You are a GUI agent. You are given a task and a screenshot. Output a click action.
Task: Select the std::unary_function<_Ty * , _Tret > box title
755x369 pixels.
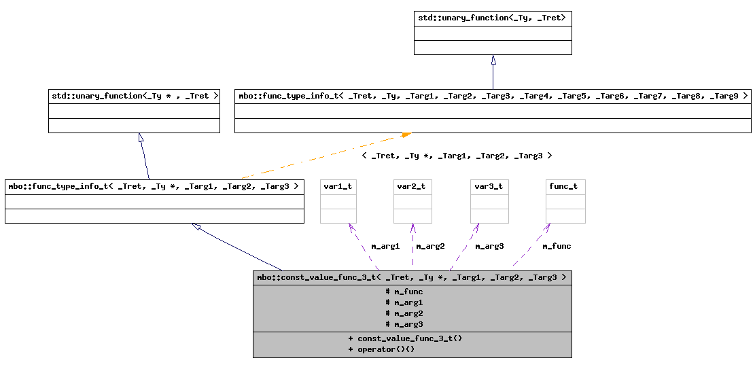(134, 96)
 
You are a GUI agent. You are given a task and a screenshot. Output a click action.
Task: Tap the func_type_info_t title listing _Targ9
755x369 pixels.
(493, 96)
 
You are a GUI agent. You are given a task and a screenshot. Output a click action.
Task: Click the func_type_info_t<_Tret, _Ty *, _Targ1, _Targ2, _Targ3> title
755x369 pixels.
(154, 186)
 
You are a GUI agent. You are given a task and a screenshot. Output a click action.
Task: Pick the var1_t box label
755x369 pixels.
(338, 186)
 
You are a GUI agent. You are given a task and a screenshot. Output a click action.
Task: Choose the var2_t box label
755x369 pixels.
(412, 186)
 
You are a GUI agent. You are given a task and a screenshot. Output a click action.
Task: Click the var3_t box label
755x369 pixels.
(489, 186)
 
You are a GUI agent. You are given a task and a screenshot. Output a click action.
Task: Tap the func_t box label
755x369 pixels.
(565, 186)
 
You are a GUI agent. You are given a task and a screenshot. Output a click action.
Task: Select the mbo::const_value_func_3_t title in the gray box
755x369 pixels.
(412, 277)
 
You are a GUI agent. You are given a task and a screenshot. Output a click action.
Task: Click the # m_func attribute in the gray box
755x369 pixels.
(404, 292)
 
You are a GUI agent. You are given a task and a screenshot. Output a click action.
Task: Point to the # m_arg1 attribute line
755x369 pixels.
(404, 302)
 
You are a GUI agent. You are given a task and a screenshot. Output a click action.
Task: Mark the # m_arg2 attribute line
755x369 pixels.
(404, 313)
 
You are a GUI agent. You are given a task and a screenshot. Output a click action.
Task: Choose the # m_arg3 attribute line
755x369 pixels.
(404, 324)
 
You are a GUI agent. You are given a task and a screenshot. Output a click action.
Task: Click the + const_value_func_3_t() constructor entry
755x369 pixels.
(405, 338)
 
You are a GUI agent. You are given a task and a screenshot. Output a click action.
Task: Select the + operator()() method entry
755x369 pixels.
(381, 349)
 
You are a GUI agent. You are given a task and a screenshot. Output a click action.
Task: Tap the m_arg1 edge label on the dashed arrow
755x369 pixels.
(385, 246)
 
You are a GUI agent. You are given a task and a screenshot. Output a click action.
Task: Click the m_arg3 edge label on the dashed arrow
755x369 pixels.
(489, 246)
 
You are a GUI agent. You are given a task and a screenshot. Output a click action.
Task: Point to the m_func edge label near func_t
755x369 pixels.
(557, 246)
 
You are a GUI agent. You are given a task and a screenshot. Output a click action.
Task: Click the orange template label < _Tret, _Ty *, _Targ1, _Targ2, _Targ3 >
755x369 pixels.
(457, 156)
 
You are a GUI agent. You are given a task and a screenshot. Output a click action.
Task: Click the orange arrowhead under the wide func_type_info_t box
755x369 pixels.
(406, 135)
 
